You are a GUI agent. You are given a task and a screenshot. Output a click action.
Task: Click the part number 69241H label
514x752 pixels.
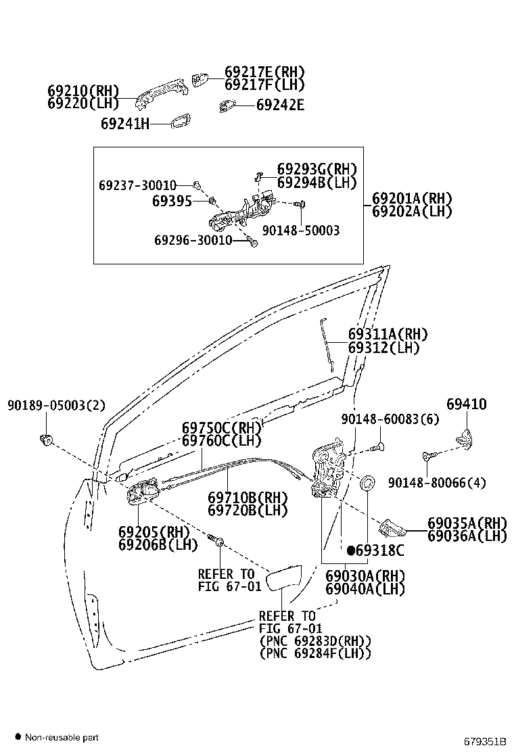124,124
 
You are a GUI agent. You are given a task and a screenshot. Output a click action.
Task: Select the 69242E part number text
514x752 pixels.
280,105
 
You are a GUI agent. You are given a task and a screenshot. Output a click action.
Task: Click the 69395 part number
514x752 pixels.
172,201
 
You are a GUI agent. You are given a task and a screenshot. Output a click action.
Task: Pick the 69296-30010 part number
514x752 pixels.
193,240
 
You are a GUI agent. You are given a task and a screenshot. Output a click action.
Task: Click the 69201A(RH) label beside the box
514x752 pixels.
411,198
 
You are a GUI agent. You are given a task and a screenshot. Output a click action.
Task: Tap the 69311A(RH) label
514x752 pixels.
388,334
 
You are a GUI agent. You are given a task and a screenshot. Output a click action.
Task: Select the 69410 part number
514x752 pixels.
466,404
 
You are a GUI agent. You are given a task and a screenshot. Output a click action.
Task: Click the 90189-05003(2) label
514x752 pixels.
57,405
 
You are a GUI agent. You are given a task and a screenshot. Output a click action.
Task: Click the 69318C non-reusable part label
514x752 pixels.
375,550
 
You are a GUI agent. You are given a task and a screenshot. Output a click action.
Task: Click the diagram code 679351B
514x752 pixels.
484,740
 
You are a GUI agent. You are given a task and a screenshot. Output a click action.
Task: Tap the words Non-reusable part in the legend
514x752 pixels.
62,736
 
